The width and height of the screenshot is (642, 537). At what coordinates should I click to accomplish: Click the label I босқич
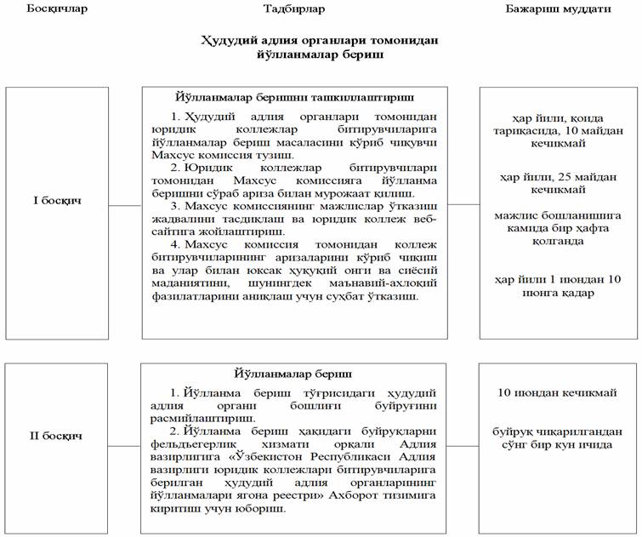(57, 204)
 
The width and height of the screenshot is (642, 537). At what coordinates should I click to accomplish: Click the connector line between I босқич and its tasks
(125, 205)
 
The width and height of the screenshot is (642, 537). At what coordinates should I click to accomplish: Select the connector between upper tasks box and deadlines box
(463, 204)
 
